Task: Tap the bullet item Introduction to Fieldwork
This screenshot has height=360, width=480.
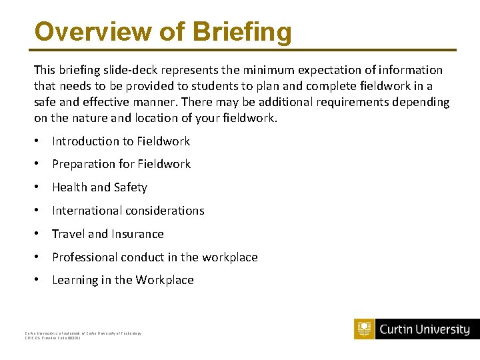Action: pyautogui.click(x=121, y=141)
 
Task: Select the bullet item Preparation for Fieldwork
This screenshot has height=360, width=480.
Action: pyautogui.click(x=121, y=164)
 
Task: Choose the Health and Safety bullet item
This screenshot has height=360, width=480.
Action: pyautogui.click(x=99, y=187)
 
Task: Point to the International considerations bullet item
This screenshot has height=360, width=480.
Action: pyautogui.click(x=128, y=211)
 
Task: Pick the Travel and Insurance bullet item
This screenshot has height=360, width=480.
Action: pyautogui.click(x=108, y=234)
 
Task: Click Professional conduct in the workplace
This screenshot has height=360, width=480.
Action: pyautogui.click(x=155, y=257)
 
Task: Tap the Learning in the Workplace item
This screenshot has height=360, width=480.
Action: pyautogui.click(x=123, y=280)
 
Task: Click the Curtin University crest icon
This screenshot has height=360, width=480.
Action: pyautogui.click(x=365, y=329)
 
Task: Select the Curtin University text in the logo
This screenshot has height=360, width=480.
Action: pyautogui.click(x=424, y=329)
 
